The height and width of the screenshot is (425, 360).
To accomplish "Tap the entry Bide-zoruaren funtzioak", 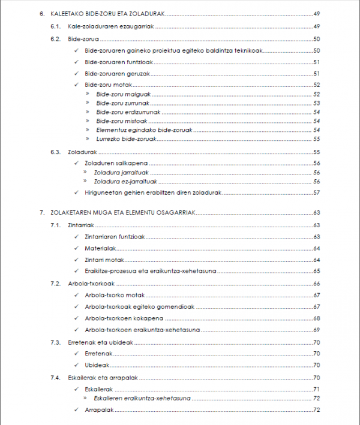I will coord(116,62).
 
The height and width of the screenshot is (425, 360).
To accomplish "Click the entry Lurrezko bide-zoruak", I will coord(126,138).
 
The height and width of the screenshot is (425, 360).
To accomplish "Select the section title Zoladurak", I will coord(83,152).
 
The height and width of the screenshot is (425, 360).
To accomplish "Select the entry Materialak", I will coord(100,248).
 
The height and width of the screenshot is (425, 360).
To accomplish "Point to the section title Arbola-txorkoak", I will coord(91,284).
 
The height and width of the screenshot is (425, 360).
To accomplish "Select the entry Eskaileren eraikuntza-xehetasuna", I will coord(143,398).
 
